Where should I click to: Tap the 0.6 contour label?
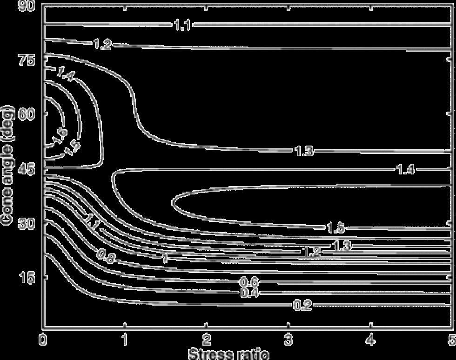point(249,282)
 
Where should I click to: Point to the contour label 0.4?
point(250,293)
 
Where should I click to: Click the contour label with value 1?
point(165,259)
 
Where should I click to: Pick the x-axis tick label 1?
point(125,337)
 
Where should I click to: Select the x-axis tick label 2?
point(207,337)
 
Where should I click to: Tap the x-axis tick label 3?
point(288,337)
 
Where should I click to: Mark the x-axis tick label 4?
point(370,337)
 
